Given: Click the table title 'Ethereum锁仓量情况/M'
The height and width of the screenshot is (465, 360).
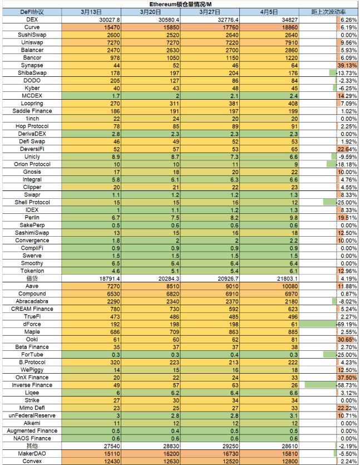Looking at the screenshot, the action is tap(180, 4).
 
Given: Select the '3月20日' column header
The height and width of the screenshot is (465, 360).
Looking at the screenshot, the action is tap(151, 12).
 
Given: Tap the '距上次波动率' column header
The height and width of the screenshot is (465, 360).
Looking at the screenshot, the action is tap(328, 12).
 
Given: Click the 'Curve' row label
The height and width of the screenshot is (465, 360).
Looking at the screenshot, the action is tap(32, 27).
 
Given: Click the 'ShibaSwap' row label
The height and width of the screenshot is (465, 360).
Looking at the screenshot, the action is tap(32, 73).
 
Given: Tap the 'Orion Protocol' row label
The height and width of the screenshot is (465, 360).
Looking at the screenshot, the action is tap(32, 164).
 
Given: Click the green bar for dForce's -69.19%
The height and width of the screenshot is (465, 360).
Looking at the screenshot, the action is tap(318, 324).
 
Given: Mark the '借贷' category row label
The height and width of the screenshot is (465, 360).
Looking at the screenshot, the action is tap(32, 278).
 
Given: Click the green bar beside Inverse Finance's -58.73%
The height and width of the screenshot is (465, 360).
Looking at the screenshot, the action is tap(320, 385).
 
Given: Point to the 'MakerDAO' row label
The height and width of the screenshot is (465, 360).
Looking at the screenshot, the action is tap(32, 453).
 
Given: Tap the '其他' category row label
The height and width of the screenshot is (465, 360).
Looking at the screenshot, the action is tap(32, 446).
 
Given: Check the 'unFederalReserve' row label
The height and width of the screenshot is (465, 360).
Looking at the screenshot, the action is tap(32, 415).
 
